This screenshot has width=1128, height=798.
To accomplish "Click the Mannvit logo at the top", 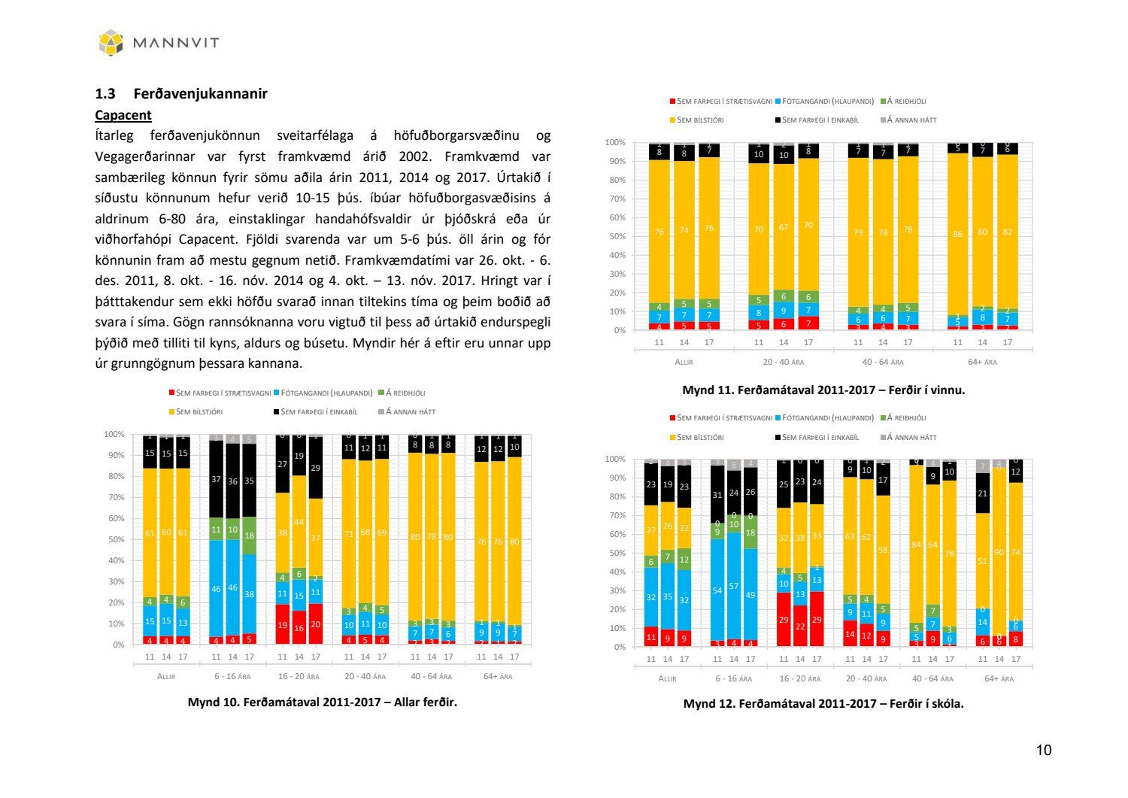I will [159, 42].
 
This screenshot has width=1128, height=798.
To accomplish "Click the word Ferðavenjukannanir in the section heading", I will [200, 94].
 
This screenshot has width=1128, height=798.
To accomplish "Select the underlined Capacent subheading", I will [123, 115].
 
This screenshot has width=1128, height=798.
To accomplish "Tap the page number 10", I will [1044, 750].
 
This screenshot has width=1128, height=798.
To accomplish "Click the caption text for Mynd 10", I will [322, 702].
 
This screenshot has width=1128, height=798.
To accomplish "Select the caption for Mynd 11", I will [823, 390].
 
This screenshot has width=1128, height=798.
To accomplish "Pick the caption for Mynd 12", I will [823, 703].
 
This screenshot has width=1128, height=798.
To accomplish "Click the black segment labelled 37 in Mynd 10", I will [216, 479].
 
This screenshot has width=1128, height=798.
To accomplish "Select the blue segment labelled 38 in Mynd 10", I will [249, 594].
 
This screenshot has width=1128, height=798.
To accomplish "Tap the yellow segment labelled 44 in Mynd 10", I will [299, 521].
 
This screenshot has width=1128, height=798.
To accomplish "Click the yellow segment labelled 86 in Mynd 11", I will [957, 234].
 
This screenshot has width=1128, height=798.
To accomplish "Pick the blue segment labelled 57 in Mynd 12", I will [734, 586].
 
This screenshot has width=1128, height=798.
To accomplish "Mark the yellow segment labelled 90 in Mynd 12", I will [999, 552].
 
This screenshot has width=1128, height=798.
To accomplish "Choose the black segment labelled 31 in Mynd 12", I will [717, 495].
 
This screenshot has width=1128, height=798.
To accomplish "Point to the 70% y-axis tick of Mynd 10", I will [114, 497].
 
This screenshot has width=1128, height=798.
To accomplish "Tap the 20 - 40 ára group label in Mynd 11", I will [783, 362].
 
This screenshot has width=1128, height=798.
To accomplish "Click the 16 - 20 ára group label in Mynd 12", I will [799, 678].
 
